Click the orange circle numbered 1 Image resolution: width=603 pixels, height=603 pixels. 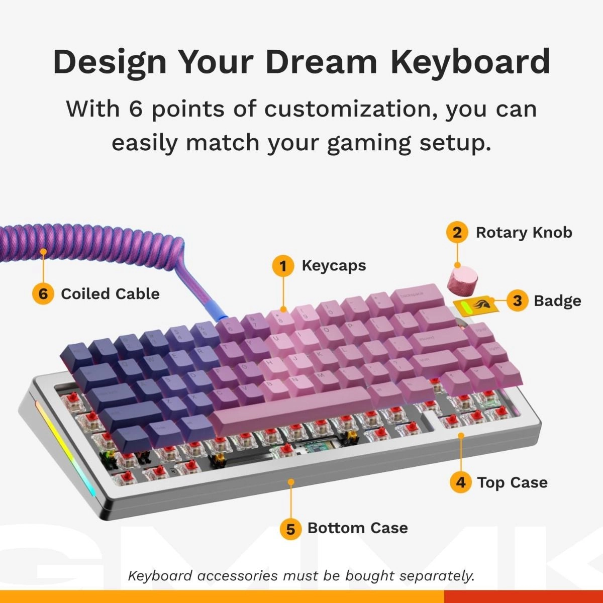283,265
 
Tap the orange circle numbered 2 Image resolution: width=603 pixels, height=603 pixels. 457,233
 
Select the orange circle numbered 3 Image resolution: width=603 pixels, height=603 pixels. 518,300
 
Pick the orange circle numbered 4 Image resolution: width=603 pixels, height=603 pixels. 460,482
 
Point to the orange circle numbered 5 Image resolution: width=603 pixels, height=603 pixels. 290,528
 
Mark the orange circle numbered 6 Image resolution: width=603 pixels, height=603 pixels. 43,293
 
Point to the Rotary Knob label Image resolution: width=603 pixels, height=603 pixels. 524,233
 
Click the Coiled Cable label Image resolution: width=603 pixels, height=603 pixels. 110,293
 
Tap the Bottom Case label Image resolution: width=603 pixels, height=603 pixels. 357,528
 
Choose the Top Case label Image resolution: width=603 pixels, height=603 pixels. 512,482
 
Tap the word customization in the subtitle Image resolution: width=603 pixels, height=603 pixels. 347,109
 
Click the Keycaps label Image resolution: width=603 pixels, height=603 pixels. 334,265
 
